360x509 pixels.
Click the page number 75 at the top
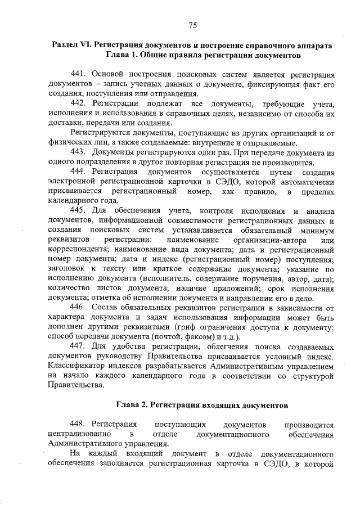point(192,25)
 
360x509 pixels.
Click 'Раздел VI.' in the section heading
point(71,44)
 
